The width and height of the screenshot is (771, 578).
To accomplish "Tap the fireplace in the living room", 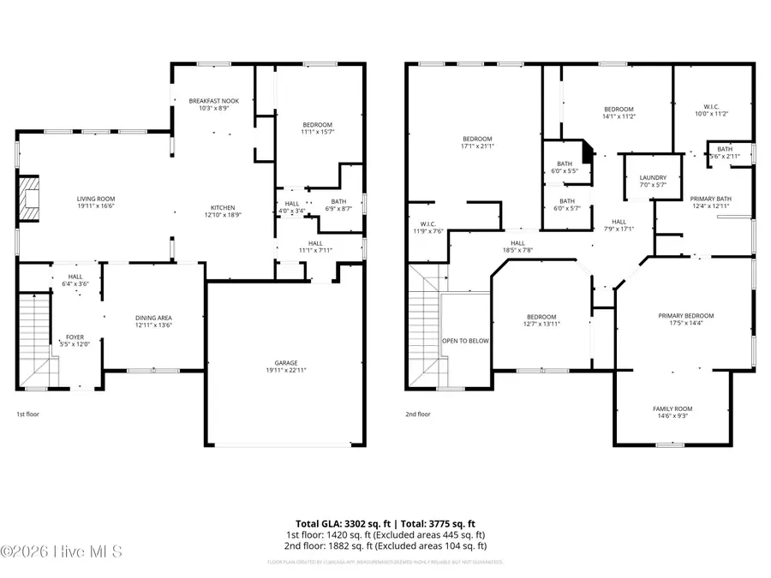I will (x=30, y=195).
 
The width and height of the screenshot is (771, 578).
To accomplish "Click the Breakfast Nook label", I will (x=213, y=101).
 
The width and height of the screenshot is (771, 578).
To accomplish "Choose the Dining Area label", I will (x=153, y=318).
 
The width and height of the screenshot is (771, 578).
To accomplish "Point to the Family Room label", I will (x=672, y=409).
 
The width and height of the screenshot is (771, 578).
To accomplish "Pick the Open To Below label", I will (x=465, y=341).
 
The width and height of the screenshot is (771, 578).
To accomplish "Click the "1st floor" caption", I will (x=27, y=414).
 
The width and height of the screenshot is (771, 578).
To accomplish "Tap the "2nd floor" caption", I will (x=418, y=414).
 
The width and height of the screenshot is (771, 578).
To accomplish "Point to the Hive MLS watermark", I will (x=62, y=551).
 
